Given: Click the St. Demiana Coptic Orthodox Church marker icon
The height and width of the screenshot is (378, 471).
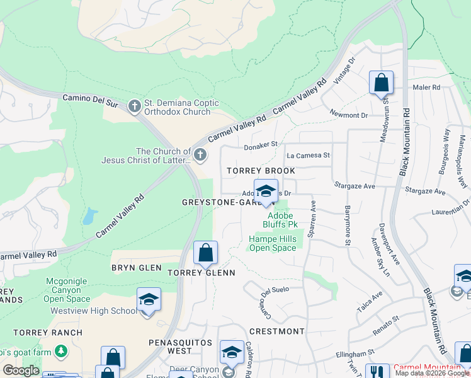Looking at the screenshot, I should coord(134,106).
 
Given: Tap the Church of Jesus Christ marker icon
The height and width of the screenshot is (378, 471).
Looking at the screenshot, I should coord(200,154).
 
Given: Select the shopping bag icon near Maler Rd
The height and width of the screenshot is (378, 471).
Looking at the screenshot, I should coord(381,83).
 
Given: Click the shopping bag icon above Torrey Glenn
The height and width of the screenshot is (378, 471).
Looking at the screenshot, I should coord(205,254).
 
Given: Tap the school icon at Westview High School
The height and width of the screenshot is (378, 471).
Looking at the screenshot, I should coord(149,301).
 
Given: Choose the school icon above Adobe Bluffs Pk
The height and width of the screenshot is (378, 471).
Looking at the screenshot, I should coord(266,192).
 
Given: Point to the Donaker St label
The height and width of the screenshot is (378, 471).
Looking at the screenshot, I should coord(261,145).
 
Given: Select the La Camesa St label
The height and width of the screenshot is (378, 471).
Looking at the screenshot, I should coord(308,155).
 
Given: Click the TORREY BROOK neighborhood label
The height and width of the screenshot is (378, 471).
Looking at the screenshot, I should coord(261,171).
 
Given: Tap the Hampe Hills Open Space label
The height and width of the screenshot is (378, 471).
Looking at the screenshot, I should coord(272,243).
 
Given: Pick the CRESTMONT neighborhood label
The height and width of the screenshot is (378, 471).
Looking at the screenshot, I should coord(276,331).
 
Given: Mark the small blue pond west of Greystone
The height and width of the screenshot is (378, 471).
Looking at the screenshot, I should coord(89,216).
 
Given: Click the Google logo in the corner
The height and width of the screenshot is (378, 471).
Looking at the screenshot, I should coord(21,370).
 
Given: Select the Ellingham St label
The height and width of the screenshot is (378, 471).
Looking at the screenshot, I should coord(354,352).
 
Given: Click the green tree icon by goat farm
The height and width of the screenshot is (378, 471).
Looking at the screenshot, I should coord(61,350).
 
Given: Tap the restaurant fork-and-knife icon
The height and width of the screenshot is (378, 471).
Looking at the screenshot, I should coord(377,372).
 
